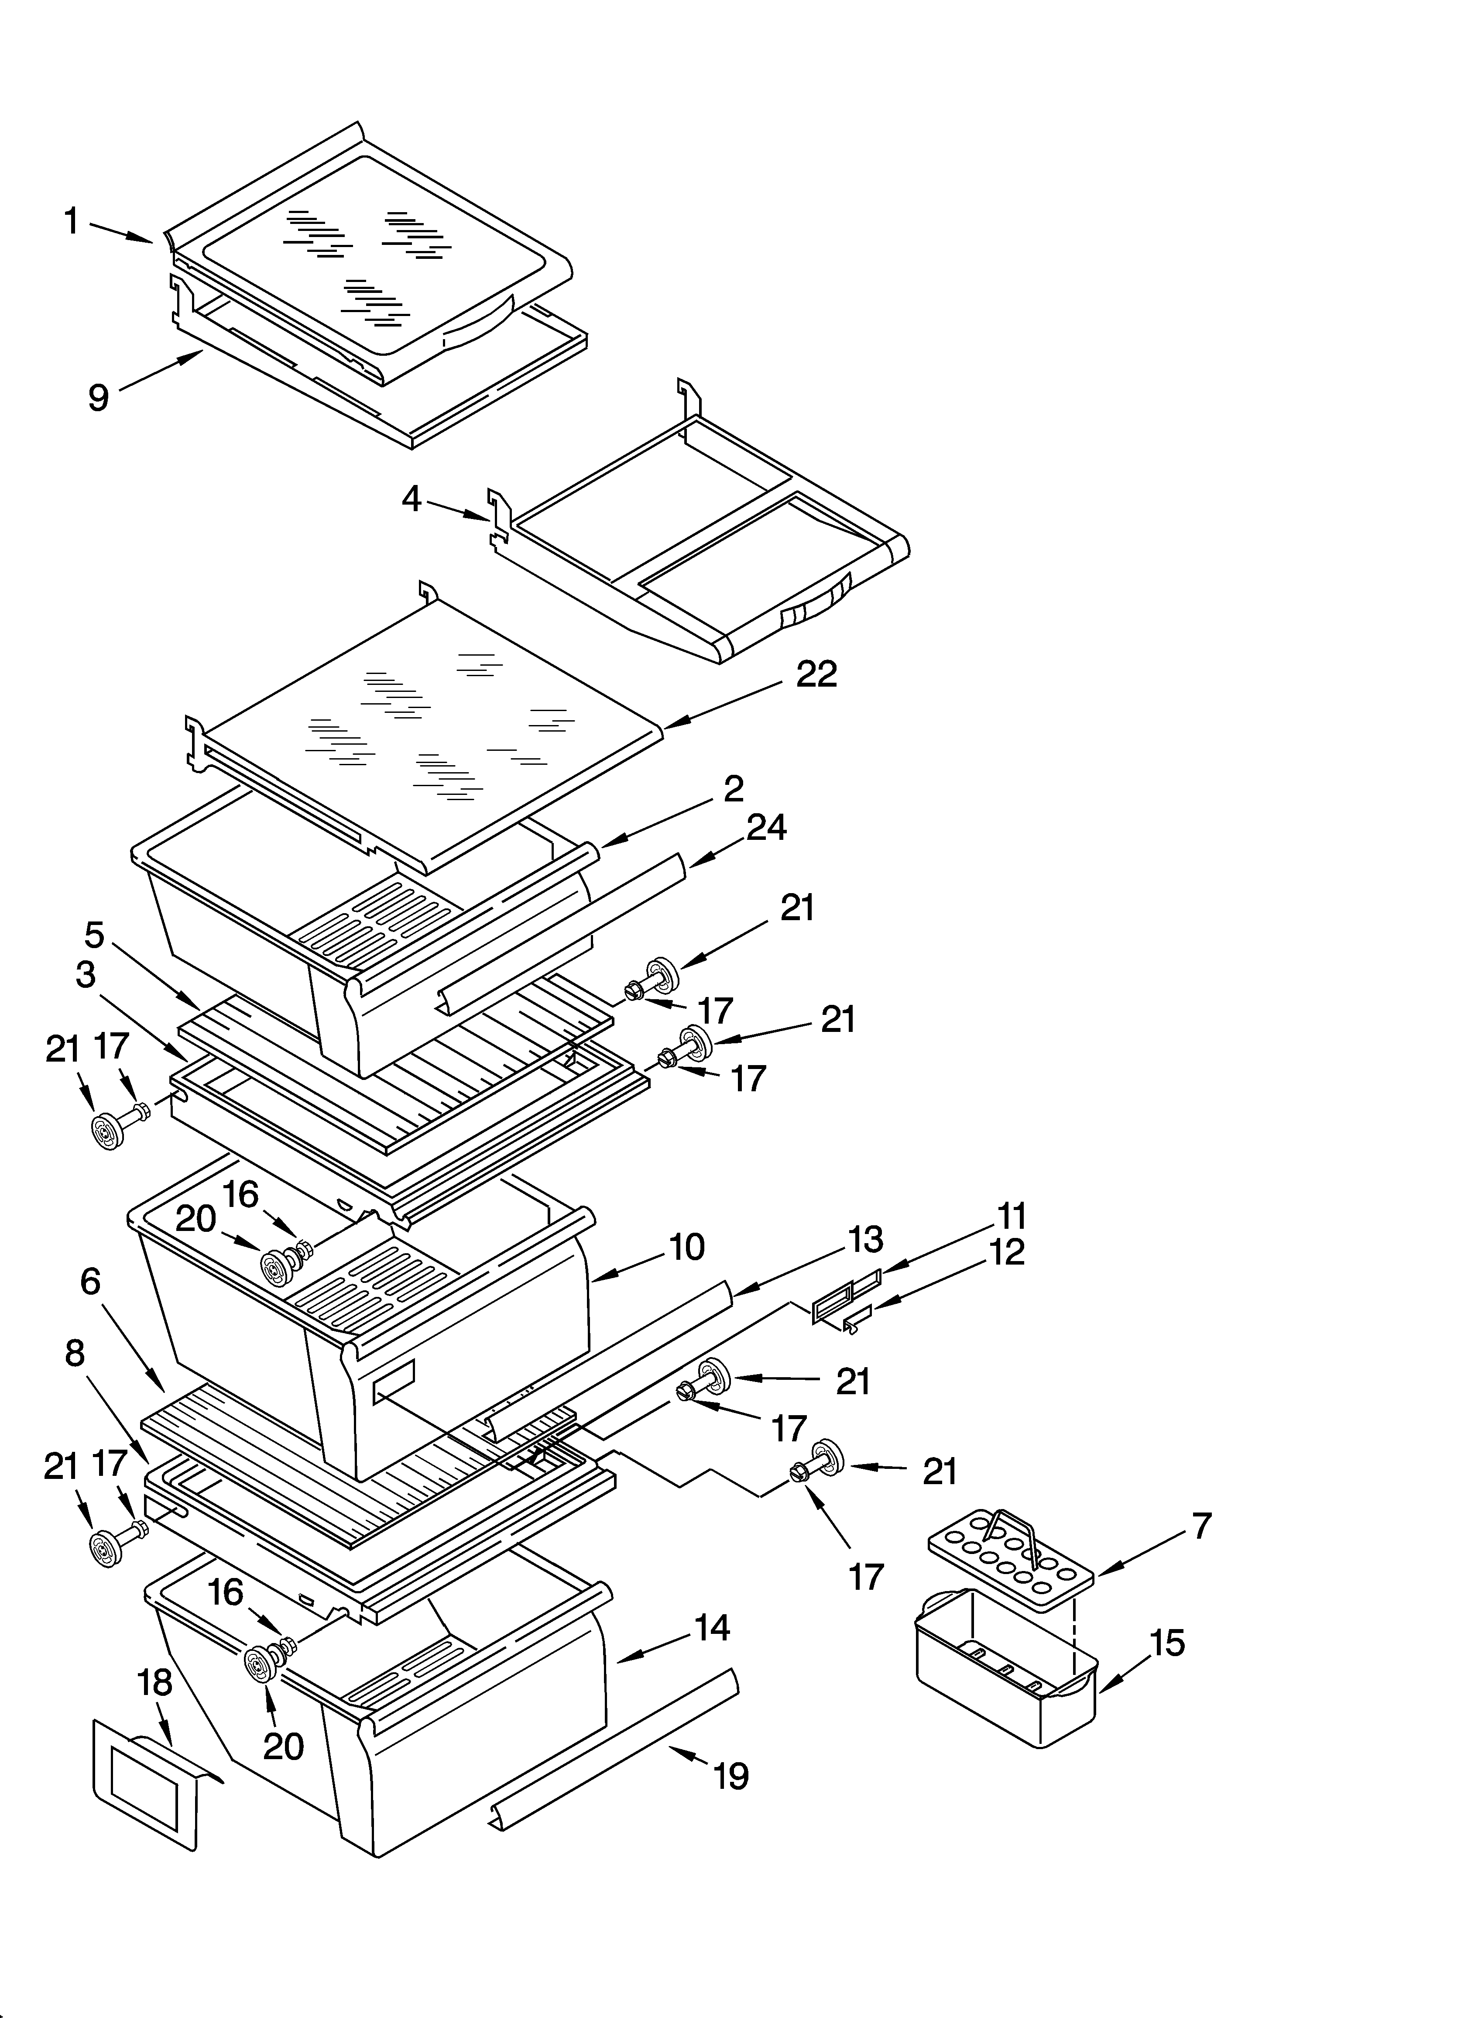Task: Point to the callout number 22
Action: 816,674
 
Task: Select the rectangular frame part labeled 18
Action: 144,1780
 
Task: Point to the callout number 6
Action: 91,1281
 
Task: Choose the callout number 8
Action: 75,1352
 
